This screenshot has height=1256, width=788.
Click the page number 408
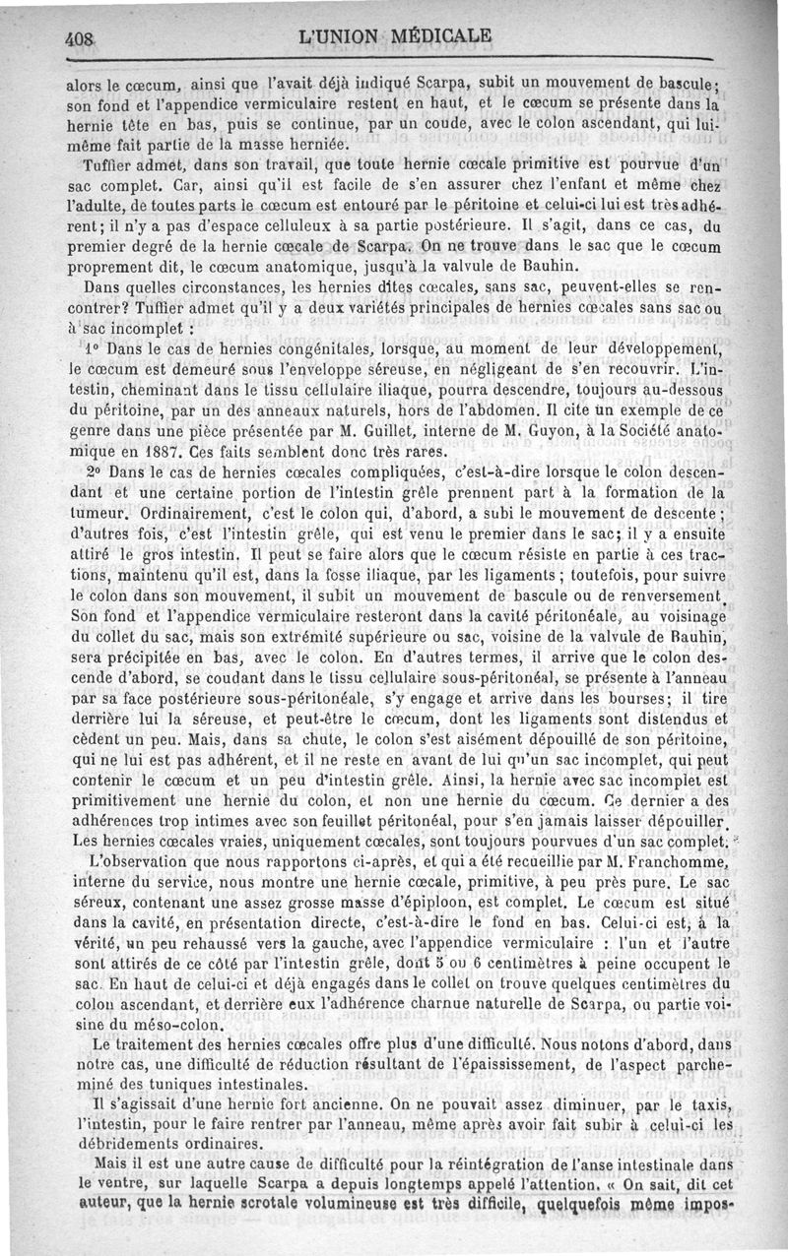[x=79, y=39]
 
